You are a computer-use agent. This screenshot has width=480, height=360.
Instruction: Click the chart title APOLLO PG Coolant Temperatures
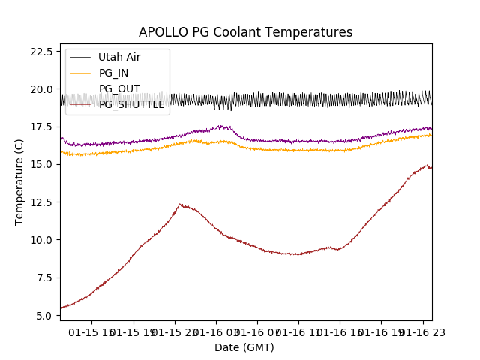[x=245, y=33]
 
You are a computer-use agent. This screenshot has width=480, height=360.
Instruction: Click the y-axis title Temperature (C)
[x=19, y=182]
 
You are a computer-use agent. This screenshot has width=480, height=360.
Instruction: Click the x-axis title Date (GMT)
[x=244, y=347]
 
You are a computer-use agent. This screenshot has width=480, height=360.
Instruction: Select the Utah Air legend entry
[x=118, y=57]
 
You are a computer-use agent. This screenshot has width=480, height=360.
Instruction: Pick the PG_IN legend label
[x=113, y=73]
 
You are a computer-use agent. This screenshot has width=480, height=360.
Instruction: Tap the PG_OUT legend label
[x=118, y=88]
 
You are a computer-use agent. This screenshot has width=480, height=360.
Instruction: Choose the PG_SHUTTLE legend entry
[x=131, y=104]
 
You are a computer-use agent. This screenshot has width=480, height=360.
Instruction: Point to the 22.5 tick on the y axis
[x=40, y=52]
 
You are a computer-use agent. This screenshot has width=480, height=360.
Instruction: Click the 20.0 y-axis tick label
[x=40, y=89]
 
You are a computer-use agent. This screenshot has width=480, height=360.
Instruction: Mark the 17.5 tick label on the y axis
[x=40, y=127]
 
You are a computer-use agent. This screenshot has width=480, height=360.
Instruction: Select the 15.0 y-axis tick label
[x=40, y=165]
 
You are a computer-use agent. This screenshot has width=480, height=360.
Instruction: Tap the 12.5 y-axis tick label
[x=40, y=202]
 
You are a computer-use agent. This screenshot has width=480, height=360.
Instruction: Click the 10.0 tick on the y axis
[x=40, y=240]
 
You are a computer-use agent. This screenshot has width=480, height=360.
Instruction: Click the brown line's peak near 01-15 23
[x=180, y=204]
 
